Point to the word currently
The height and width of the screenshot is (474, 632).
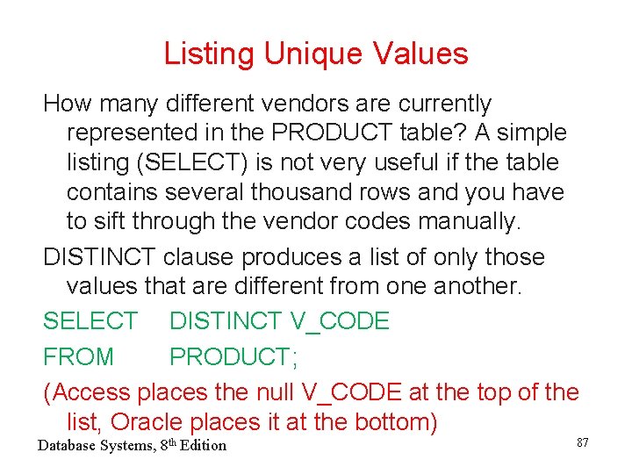(x=445, y=104)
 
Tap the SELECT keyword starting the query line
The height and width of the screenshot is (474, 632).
(x=90, y=321)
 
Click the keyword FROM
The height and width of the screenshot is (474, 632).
(x=79, y=357)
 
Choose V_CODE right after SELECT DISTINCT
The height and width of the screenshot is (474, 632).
(x=339, y=321)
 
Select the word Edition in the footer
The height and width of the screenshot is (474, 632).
(x=201, y=446)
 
